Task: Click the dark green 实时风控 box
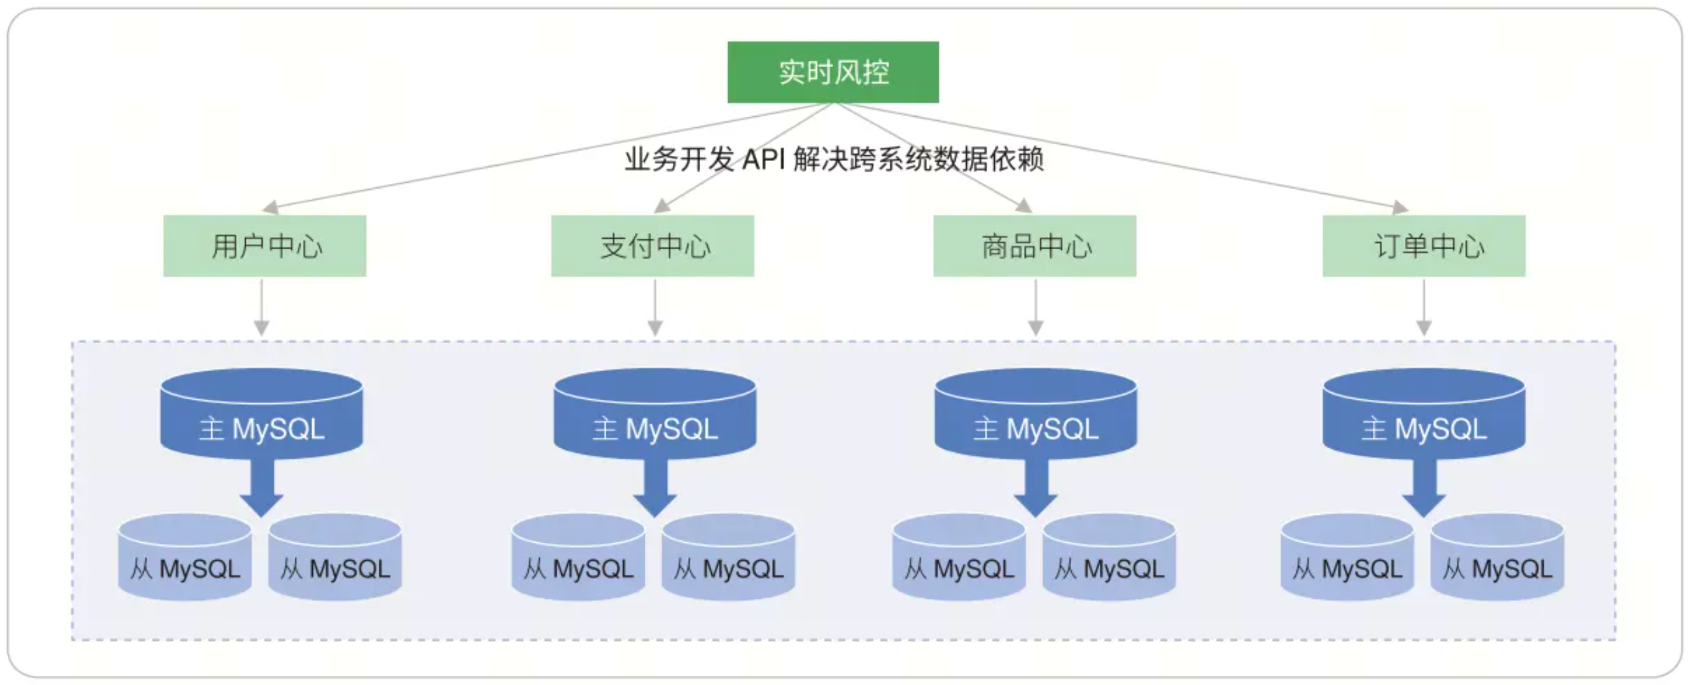tap(832, 72)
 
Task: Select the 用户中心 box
tap(265, 246)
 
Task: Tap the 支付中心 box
tap(652, 246)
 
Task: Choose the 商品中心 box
tap(1035, 246)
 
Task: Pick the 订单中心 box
tap(1423, 246)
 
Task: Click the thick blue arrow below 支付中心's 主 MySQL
tap(654, 489)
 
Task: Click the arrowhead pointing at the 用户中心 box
tap(271, 208)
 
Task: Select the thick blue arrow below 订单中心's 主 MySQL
tap(1423, 489)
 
